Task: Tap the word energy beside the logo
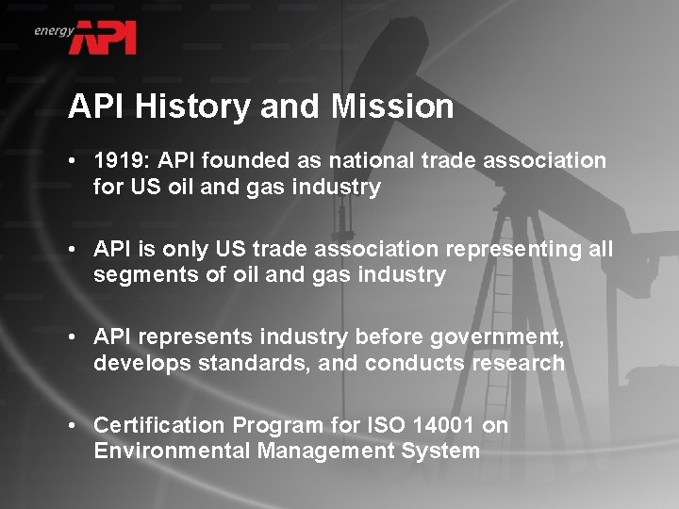(x=54, y=30)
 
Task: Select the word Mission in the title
(x=394, y=107)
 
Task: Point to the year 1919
(x=118, y=161)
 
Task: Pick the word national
(x=360, y=161)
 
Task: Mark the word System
(x=445, y=451)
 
